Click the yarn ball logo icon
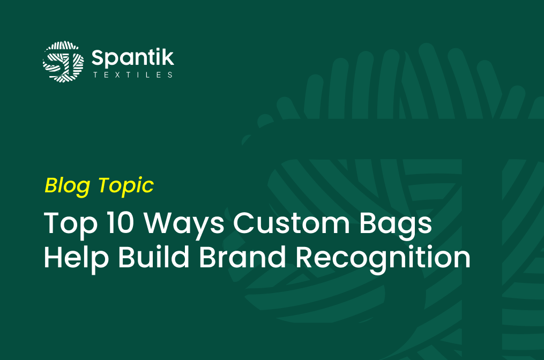pyautogui.click(x=63, y=62)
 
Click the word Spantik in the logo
pyautogui.click(x=133, y=58)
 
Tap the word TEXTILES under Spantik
pyautogui.click(x=133, y=75)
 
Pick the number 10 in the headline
pyautogui.click(x=120, y=222)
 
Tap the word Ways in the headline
pyautogui.click(x=184, y=224)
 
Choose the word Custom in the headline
pyautogui.click(x=292, y=222)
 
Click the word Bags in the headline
pyautogui.click(x=396, y=224)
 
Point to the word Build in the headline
pyautogui.click(x=154, y=257)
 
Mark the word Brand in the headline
pyautogui.click(x=242, y=257)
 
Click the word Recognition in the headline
pyautogui.click(x=383, y=258)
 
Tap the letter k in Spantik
pyautogui.click(x=168, y=57)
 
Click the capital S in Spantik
pyautogui.click(x=98, y=57)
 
